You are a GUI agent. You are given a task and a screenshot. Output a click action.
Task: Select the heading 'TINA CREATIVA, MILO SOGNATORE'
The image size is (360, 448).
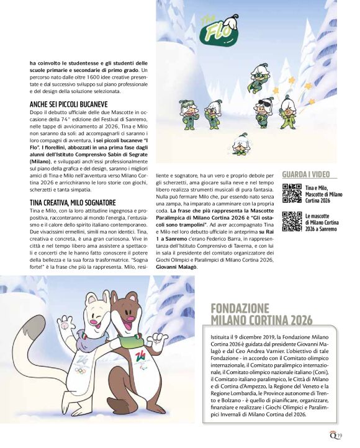pos(72,203)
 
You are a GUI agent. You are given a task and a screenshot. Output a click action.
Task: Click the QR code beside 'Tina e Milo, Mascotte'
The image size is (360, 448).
pos(292,194)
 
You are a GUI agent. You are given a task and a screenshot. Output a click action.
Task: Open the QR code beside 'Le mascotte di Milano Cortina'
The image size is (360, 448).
pos(292,222)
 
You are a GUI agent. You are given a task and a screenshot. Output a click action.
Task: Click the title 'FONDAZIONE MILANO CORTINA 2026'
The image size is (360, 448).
pos(261,314)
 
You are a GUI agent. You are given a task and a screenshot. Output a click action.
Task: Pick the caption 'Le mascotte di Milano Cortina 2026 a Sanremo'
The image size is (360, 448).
pos(322,222)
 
